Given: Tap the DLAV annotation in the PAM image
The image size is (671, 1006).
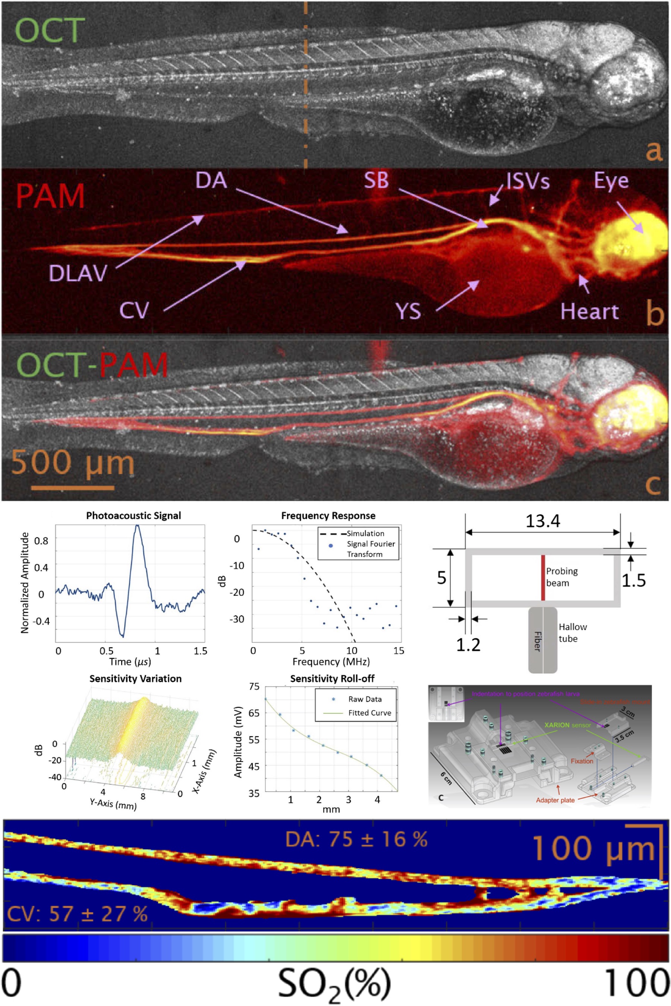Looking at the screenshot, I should [x=78, y=273].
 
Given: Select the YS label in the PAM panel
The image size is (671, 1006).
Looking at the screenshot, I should [x=409, y=311].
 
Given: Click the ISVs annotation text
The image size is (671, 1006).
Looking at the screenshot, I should [x=527, y=181].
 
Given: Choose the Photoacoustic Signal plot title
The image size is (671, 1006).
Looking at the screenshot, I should [x=133, y=515].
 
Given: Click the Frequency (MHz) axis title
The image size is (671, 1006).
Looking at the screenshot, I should [x=331, y=662].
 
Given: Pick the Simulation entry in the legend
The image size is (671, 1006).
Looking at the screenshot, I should [x=365, y=534].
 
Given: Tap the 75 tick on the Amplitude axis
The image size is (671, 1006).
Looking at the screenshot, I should [x=254, y=686].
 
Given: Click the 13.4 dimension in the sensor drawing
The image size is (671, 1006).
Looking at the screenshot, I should [x=543, y=521].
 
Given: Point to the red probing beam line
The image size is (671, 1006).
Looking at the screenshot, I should [x=543, y=578].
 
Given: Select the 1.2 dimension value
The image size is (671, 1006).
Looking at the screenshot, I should [x=468, y=645].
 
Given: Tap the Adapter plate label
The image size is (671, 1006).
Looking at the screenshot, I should [x=555, y=800].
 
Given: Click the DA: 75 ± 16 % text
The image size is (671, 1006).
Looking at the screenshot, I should [x=356, y=839].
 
